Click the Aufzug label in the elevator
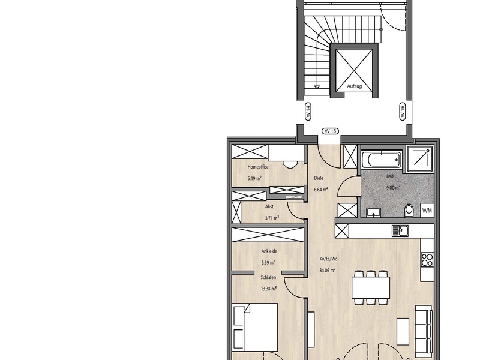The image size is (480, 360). (354, 86)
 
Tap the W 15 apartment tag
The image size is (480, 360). (331, 131)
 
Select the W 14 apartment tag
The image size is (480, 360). (308, 112)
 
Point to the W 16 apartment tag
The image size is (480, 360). (402, 112)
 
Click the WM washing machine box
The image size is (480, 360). (427, 211)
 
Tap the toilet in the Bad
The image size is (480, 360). (409, 211)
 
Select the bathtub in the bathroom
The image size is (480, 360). (382, 159)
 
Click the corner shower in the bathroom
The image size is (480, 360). (419, 158)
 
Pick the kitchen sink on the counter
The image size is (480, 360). (400, 231)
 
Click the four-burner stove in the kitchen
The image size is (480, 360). (427, 260)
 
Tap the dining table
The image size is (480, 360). (371, 288)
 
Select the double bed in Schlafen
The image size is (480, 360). (255, 327)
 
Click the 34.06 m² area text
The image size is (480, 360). (327, 271)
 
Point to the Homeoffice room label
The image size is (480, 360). (258, 167)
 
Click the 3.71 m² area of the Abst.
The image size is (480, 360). (272, 218)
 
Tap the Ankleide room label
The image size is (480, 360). (269, 251)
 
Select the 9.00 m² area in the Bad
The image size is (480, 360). (394, 188)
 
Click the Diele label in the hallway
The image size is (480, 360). (319, 178)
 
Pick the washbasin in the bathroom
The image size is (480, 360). (373, 212)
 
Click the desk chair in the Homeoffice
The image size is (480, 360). (290, 164)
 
